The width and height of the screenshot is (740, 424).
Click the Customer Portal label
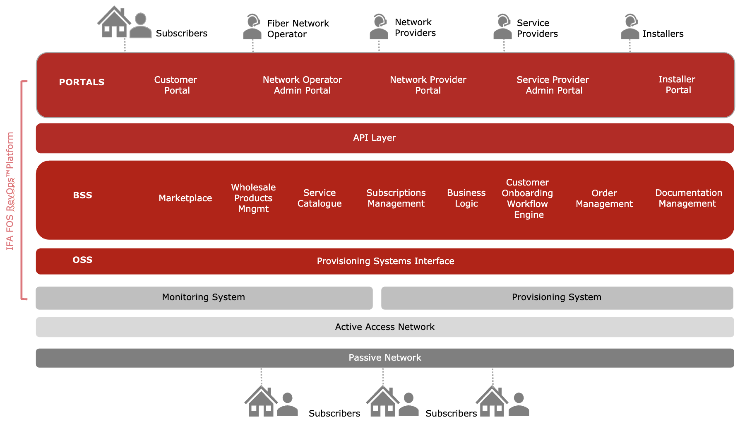(x=176, y=85)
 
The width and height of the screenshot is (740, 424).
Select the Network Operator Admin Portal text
(x=302, y=85)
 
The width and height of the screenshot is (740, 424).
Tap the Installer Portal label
(x=678, y=84)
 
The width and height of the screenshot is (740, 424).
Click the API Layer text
(x=375, y=138)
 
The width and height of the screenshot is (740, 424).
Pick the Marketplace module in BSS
(x=185, y=198)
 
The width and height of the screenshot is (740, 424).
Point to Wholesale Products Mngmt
(x=253, y=198)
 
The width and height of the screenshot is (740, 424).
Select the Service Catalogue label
(x=320, y=198)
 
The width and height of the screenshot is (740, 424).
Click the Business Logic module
(x=466, y=198)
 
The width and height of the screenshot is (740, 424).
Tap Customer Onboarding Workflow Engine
(x=528, y=198)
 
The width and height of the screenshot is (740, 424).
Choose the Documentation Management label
(x=688, y=198)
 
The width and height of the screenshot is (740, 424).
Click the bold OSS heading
(x=82, y=260)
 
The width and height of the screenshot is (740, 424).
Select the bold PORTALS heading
(x=82, y=82)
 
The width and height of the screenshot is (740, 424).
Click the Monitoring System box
(x=204, y=298)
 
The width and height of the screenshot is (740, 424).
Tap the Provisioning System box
(x=557, y=298)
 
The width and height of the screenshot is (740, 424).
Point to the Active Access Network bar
(x=384, y=327)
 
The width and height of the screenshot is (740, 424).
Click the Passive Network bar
(x=384, y=358)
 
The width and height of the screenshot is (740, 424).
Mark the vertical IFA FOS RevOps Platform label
(x=10, y=191)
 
